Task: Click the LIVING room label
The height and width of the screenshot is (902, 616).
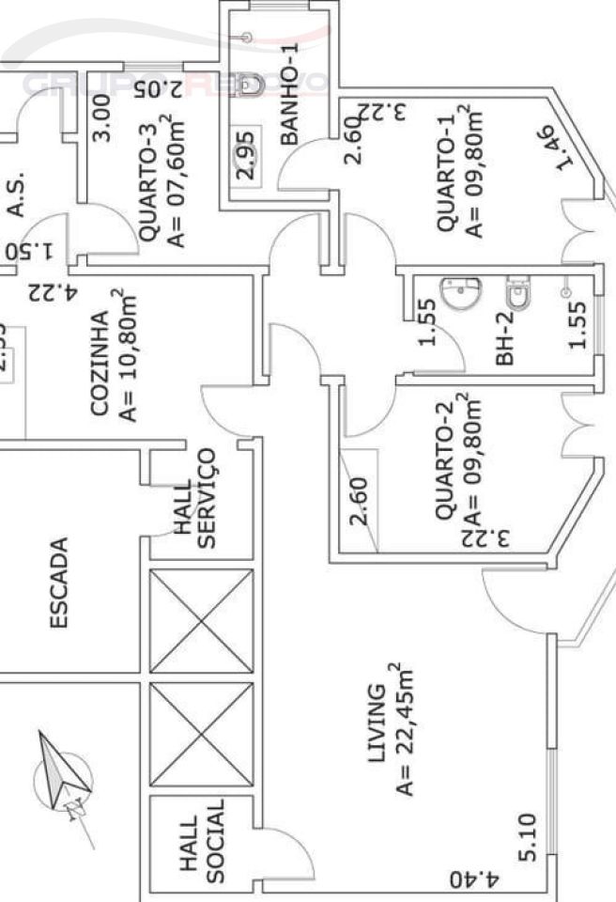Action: click(377, 723)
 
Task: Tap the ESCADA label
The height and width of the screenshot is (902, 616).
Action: click(60, 583)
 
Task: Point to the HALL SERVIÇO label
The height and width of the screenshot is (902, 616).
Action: click(195, 498)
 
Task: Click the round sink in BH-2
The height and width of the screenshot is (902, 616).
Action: click(460, 296)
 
